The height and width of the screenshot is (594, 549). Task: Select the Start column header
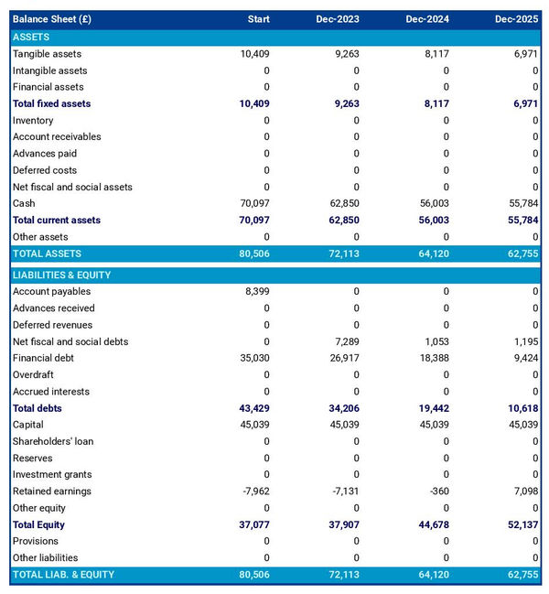(x=258, y=19)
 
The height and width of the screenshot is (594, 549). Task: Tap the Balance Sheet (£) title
(x=51, y=19)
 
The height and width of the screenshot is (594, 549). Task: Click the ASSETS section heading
(x=31, y=37)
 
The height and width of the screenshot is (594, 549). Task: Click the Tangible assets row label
(x=47, y=54)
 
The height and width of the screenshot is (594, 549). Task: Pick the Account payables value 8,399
(x=257, y=291)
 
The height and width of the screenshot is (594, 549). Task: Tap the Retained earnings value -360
(x=437, y=491)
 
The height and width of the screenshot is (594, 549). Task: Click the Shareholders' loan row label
(x=53, y=441)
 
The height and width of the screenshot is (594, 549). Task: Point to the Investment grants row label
(x=52, y=474)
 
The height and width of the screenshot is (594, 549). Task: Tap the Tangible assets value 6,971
(x=525, y=54)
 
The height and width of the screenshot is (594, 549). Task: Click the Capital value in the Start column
(x=253, y=425)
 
